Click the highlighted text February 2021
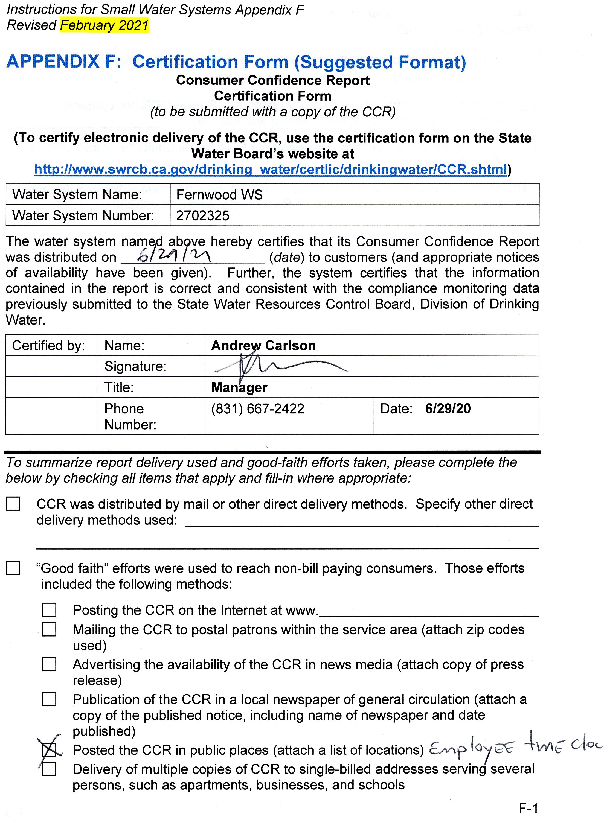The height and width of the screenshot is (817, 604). pos(104,25)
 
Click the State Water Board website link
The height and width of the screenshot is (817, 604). pos(271,170)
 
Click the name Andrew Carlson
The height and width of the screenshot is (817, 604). pos(263,346)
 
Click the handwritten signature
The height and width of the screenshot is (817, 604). pos(278,366)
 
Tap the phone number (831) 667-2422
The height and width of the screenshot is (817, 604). pos(257,409)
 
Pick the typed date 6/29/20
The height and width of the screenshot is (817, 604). pos(448,409)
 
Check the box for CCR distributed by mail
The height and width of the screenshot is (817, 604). pos(13,504)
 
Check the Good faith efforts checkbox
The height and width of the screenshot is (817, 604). pos(13,568)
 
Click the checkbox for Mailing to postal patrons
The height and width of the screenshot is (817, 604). pos(49,629)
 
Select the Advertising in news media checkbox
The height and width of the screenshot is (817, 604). pos(49,664)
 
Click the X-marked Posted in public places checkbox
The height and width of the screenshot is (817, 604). pos(49,750)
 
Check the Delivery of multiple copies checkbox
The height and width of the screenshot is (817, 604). pos(49,769)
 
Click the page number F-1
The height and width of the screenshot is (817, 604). pos(528,808)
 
